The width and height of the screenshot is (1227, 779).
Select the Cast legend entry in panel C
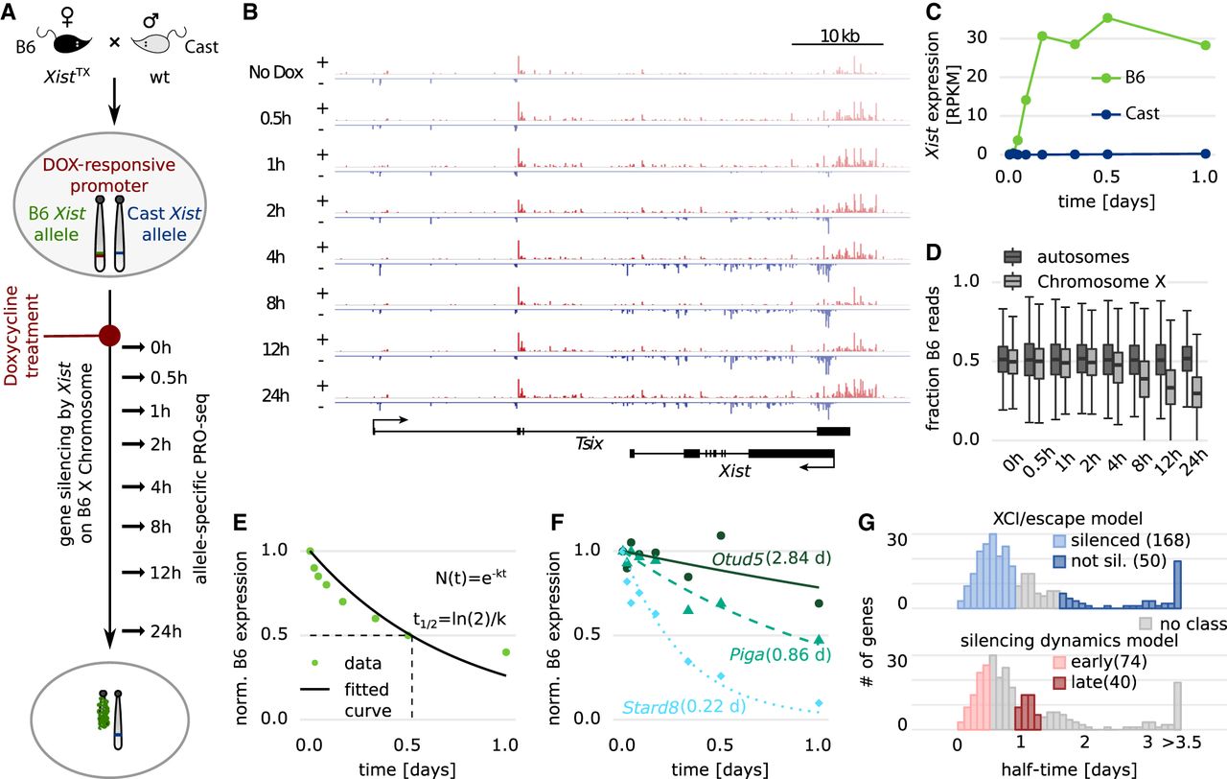pos(1139,113)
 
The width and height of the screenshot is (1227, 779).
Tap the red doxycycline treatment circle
pos(110,336)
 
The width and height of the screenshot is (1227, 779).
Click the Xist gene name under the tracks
pos(733,471)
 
